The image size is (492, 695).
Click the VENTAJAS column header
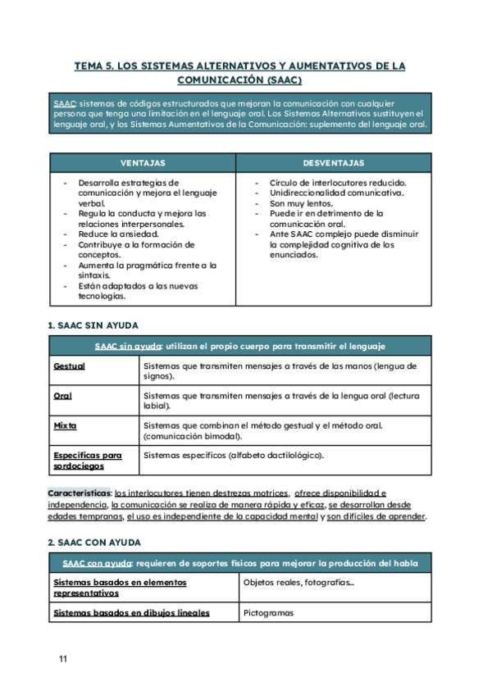tap(143, 163)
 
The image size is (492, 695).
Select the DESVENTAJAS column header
tap(334, 163)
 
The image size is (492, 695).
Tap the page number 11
tap(63, 659)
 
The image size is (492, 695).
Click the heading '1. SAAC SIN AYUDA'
tap(93, 325)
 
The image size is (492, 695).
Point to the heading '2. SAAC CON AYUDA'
tap(93, 543)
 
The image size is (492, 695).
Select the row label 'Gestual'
tap(69, 366)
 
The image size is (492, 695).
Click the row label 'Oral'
tap(62, 396)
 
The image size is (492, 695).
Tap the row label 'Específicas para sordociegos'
tap(87, 460)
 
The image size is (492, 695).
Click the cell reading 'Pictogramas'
tap(269, 612)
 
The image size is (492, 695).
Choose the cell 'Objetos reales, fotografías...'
tap(298, 583)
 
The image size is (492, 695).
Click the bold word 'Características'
tap(79, 493)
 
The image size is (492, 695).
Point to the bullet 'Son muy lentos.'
tap(301, 203)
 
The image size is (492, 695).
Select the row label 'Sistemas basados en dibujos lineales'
tap(131, 612)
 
